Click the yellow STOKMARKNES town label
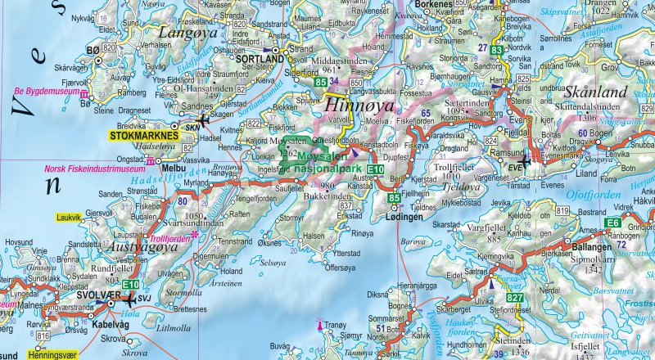[x=144, y=136]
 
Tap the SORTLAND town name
[x=253, y=61]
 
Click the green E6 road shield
[x=612, y=223]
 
